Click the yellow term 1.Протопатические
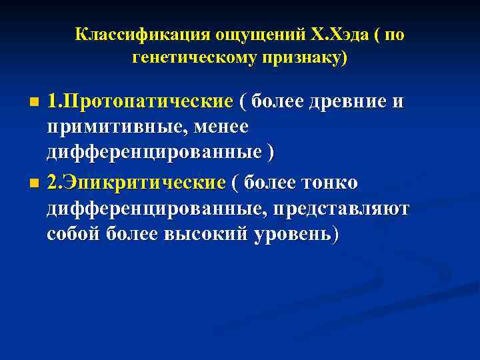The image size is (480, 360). coord(140,101)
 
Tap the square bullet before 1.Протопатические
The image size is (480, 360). coord(35,103)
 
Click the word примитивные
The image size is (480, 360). coord(105,127)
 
